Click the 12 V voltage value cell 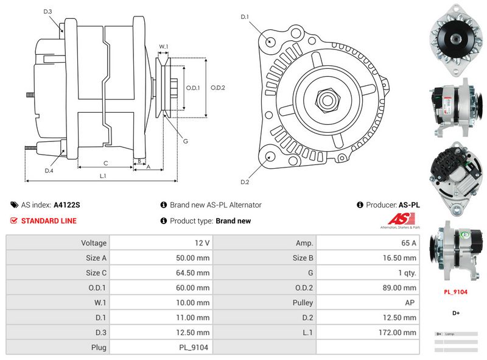[x=202, y=243]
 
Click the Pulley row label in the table [x=302, y=303]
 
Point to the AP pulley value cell [x=411, y=303]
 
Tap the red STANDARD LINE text [x=49, y=221]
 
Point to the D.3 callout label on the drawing [x=48, y=12]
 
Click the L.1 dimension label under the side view [x=103, y=176]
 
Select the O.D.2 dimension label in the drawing [x=218, y=88]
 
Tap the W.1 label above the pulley [x=163, y=46]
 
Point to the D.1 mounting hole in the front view [x=271, y=42]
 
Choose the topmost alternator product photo [x=455, y=39]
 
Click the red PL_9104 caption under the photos [x=455, y=292]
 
